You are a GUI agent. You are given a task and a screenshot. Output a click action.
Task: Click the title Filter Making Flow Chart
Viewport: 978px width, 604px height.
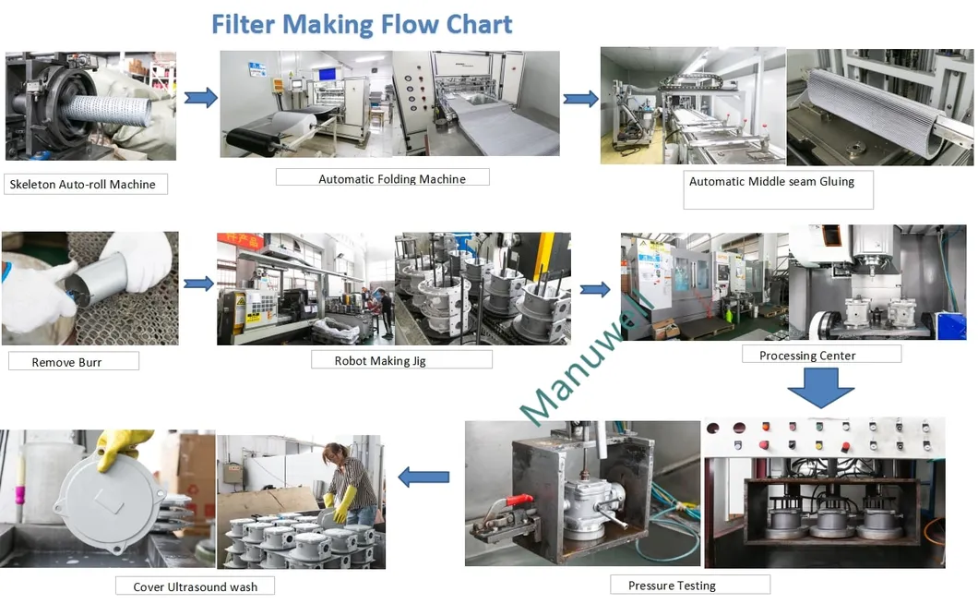pyautogui.click(x=362, y=23)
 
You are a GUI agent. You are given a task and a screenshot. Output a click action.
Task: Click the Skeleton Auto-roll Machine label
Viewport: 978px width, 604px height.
pyautogui.click(x=82, y=185)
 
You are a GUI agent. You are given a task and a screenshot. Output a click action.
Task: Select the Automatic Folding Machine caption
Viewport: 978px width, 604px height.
pyautogui.click(x=391, y=179)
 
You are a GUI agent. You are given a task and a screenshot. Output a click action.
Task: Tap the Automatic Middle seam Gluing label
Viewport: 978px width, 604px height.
pyautogui.click(x=771, y=182)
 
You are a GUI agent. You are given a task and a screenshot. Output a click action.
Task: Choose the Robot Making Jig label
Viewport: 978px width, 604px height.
pyautogui.click(x=380, y=361)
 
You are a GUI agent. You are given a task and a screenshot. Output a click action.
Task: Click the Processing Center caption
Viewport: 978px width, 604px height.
pyautogui.click(x=807, y=356)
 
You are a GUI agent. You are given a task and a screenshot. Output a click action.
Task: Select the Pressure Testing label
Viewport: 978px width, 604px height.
pyautogui.click(x=672, y=586)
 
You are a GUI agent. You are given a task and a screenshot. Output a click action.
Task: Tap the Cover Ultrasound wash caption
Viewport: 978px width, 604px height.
pyautogui.click(x=196, y=586)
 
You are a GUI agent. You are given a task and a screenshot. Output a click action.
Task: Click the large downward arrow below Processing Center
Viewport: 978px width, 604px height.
pyautogui.click(x=820, y=387)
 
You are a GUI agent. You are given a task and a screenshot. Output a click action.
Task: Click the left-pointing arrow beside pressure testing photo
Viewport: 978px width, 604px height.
pyautogui.click(x=423, y=477)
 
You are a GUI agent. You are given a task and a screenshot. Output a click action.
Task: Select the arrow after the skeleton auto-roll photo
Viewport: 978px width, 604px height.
pyautogui.click(x=200, y=98)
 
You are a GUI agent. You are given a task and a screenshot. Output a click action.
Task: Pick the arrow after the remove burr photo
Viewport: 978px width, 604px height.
pyautogui.click(x=198, y=284)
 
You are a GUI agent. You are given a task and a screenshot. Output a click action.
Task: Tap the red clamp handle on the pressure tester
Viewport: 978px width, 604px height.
pyautogui.click(x=517, y=505)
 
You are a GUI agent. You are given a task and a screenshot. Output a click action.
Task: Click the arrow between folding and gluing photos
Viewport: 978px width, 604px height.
pyautogui.click(x=580, y=99)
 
